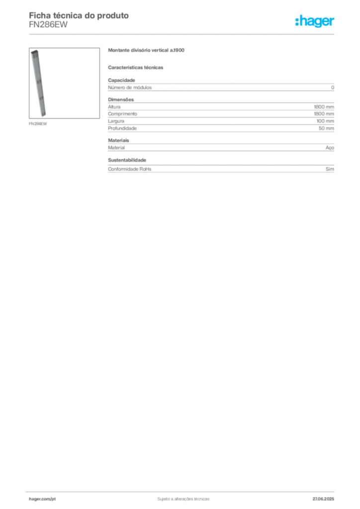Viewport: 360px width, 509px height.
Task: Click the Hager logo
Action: click(x=315, y=21)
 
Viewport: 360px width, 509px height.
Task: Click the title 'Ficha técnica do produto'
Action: click(x=79, y=15)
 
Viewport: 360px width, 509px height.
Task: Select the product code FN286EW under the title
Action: click(x=48, y=25)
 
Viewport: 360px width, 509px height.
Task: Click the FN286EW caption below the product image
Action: click(x=38, y=124)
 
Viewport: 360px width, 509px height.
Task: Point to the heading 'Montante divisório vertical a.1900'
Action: click(x=146, y=50)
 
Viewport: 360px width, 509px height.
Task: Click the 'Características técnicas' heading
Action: click(x=136, y=68)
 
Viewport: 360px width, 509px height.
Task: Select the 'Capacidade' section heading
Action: click(x=121, y=80)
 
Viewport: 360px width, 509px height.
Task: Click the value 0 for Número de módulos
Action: click(x=333, y=87)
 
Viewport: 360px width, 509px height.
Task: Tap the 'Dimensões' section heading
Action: click(x=121, y=99)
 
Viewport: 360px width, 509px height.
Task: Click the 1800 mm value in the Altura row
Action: click(x=324, y=107)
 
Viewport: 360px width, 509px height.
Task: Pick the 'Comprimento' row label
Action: click(x=122, y=114)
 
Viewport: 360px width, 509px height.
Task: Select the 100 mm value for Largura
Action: click(x=325, y=121)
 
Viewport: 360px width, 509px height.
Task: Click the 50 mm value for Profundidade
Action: click(x=326, y=129)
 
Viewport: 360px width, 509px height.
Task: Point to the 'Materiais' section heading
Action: click(x=118, y=141)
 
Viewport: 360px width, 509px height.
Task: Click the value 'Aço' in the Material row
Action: click(x=330, y=148)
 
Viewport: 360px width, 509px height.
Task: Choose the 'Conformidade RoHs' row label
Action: click(x=129, y=169)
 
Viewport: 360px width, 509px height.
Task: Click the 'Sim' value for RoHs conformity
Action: click(x=330, y=169)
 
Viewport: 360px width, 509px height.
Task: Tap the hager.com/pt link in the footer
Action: click(x=42, y=499)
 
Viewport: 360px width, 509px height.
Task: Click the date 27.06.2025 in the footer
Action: click(x=323, y=499)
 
